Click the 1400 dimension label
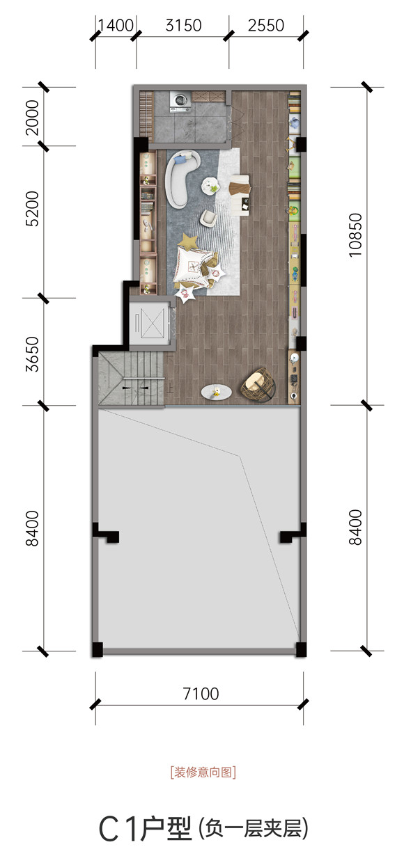[x=116, y=26]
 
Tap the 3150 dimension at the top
[x=183, y=26]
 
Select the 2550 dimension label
[x=266, y=26]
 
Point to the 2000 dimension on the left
[x=32, y=118]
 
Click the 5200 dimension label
[x=32, y=209]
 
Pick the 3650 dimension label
[x=32, y=354]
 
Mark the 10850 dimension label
[x=355, y=235]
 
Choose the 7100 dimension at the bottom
[x=201, y=694]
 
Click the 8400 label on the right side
[x=355, y=527]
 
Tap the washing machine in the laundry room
[x=180, y=102]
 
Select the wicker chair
[x=258, y=385]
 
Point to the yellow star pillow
[x=189, y=241]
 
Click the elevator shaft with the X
[x=153, y=323]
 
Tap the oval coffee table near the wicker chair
[x=216, y=392]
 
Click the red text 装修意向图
[x=203, y=772]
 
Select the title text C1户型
[x=145, y=828]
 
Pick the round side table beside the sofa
[x=210, y=186]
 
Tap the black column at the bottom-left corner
[x=98, y=649]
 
